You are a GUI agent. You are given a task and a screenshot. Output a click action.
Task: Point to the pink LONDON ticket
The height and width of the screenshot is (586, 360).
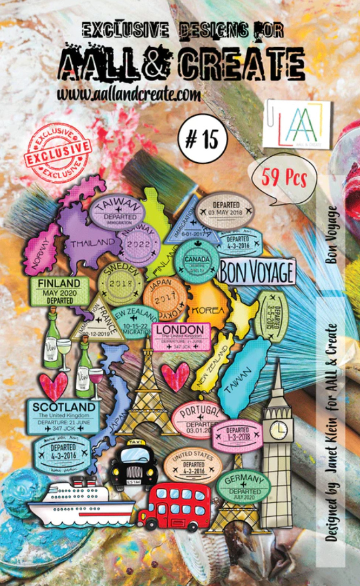[181, 336]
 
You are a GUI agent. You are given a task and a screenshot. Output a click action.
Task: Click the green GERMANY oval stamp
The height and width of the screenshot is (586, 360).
[244, 485]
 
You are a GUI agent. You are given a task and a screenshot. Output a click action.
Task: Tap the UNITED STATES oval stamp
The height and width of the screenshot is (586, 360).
[192, 464]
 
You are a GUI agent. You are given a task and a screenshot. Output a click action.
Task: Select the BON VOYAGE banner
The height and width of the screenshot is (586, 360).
[258, 271]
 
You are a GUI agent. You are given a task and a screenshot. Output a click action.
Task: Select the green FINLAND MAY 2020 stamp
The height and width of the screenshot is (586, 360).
[60, 291]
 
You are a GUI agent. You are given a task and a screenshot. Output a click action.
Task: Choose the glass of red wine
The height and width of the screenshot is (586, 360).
[96, 376]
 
